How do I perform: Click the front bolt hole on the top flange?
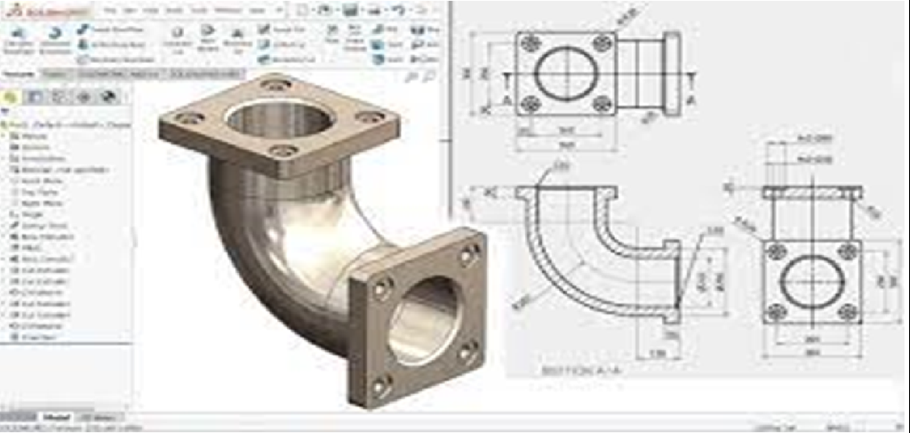click(x=283, y=151)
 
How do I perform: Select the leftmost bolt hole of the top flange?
click(x=188, y=117)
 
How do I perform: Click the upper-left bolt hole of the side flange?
click(x=381, y=287)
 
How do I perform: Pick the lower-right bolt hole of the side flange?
click(x=464, y=353)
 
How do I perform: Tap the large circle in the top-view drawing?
click(x=566, y=72)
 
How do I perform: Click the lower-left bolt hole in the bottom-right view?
click(x=777, y=310)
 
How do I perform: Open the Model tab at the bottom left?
click(x=56, y=416)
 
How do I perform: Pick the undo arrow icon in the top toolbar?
click(x=396, y=10)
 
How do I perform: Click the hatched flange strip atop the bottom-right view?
click(x=811, y=191)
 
